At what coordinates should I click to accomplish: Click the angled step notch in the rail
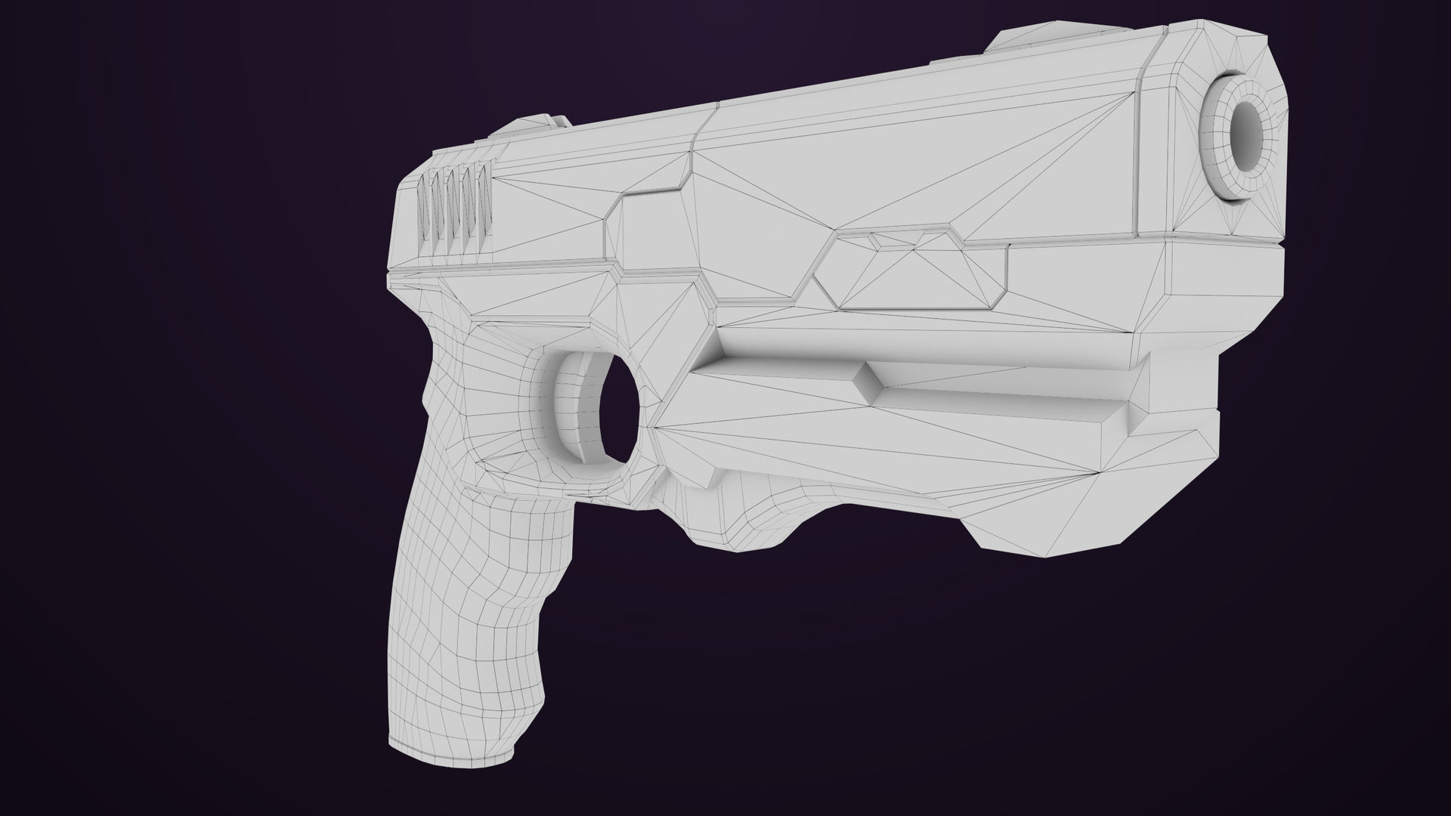coord(869,382)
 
